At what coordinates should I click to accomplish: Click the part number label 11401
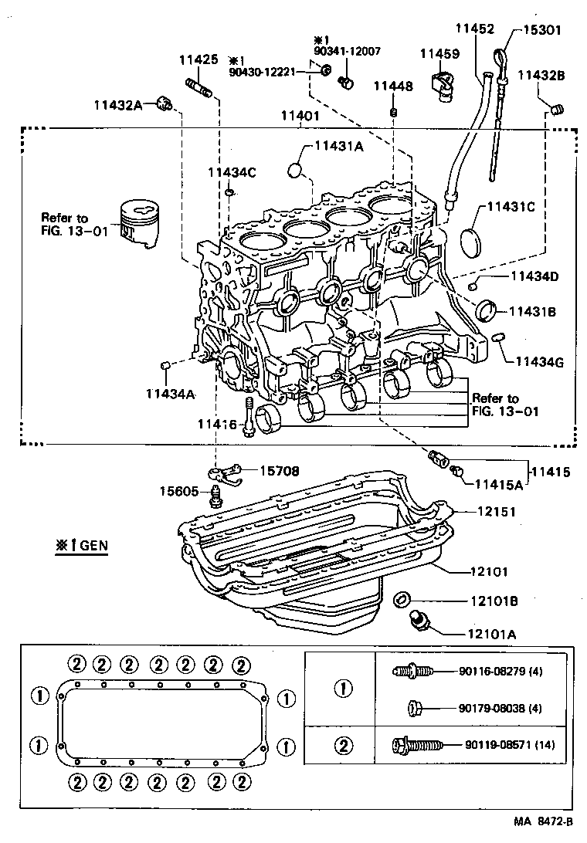pos(299,116)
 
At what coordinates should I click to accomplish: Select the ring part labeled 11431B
pos(487,310)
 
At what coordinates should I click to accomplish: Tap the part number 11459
pos(439,54)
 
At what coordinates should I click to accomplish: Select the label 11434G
pos(540,361)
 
